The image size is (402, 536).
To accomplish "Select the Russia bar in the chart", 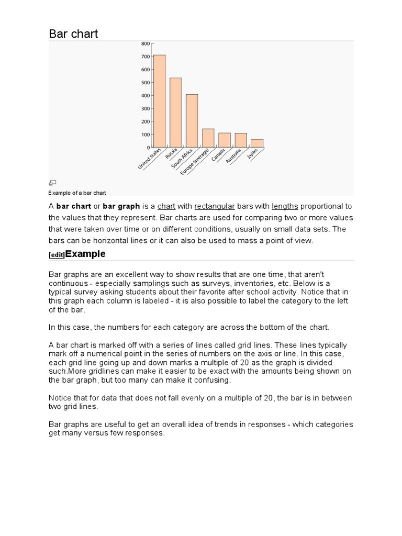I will click(x=176, y=112).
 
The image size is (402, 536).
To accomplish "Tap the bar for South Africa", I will click(x=192, y=120).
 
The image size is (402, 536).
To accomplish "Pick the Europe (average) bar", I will click(x=208, y=138).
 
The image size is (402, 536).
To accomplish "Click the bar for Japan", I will click(x=257, y=143).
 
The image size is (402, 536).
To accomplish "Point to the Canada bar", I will click(x=225, y=140).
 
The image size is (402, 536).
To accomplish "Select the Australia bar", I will click(x=241, y=140).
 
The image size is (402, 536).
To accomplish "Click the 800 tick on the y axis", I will click(x=145, y=43).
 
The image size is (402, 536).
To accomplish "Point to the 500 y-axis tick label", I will click(x=145, y=83).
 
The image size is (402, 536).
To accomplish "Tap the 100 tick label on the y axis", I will click(x=145, y=135).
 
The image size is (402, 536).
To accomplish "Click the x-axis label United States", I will click(x=150, y=159).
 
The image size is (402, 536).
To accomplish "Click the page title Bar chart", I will click(x=73, y=34).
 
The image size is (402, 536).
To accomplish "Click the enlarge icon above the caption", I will click(x=52, y=182).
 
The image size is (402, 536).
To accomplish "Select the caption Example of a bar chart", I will click(x=77, y=193).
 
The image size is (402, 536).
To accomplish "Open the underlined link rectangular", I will click(x=215, y=206).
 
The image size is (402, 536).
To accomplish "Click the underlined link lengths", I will click(x=285, y=206).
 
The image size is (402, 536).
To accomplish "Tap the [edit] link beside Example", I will click(x=57, y=255).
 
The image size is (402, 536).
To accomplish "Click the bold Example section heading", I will click(x=85, y=254).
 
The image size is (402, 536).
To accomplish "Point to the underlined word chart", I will click(x=166, y=206).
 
